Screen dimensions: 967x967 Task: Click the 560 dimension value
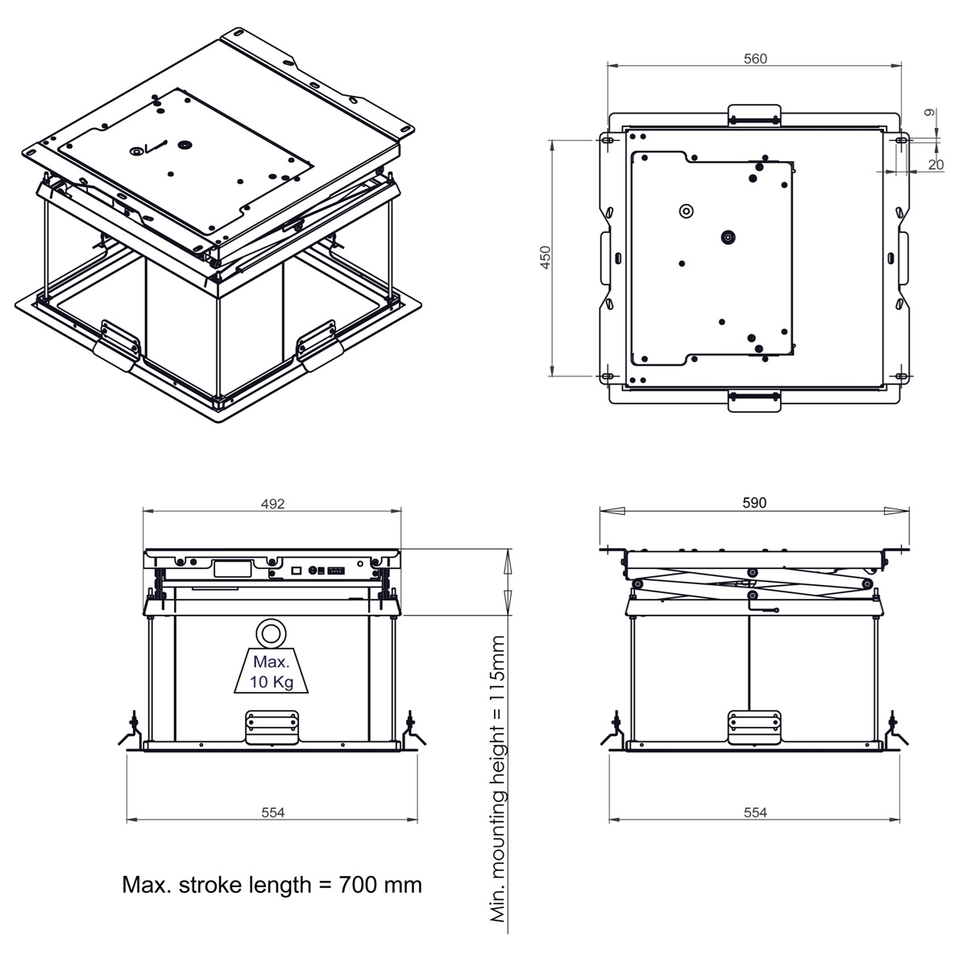click(755, 59)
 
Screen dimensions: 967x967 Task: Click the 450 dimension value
click(546, 257)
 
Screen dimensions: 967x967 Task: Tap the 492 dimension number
click(272, 504)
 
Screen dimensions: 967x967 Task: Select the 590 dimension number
click(754, 502)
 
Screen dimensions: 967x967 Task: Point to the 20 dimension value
click(936, 164)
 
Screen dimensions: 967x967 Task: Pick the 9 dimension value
click(930, 112)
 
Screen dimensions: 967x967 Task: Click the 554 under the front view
click(272, 812)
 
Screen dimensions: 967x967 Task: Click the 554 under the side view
click(755, 812)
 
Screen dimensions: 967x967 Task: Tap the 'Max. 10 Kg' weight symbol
click(272, 671)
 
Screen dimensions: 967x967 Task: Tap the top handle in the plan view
click(754, 115)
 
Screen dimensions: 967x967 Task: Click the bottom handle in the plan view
click(754, 401)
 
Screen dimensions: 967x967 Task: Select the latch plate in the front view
click(272, 727)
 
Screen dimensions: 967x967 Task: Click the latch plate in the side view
click(755, 727)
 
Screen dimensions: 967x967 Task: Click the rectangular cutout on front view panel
click(232, 569)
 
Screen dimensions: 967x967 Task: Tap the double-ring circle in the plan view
click(687, 211)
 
